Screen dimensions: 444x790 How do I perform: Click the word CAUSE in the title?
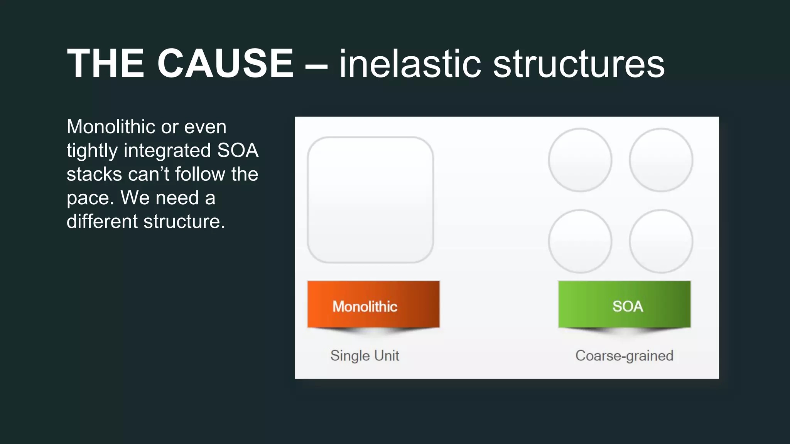click(x=225, y=64)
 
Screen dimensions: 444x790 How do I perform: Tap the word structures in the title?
click(x=579, y=64)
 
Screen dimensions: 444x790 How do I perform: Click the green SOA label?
click(x=624, y=305)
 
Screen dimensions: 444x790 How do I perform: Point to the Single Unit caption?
click(x=365, y=355)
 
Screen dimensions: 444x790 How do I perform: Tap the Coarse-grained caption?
click(x=624, y=355)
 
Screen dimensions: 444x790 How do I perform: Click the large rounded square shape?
click(x=370, y=200)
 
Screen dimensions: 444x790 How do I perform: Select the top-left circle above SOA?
click(x=580, y=160)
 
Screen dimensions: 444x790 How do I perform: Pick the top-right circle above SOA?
click(x=661, y=160)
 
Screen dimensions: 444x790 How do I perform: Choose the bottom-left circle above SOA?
click(x=580, y=241)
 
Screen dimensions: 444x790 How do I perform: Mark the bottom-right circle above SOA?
click(x=661, y=241)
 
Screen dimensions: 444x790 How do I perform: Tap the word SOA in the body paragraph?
click(x=238, y=150)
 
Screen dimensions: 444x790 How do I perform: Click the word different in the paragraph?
click(x=102, y=222)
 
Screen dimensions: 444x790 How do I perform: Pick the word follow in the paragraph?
click(x=200, y=174)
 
